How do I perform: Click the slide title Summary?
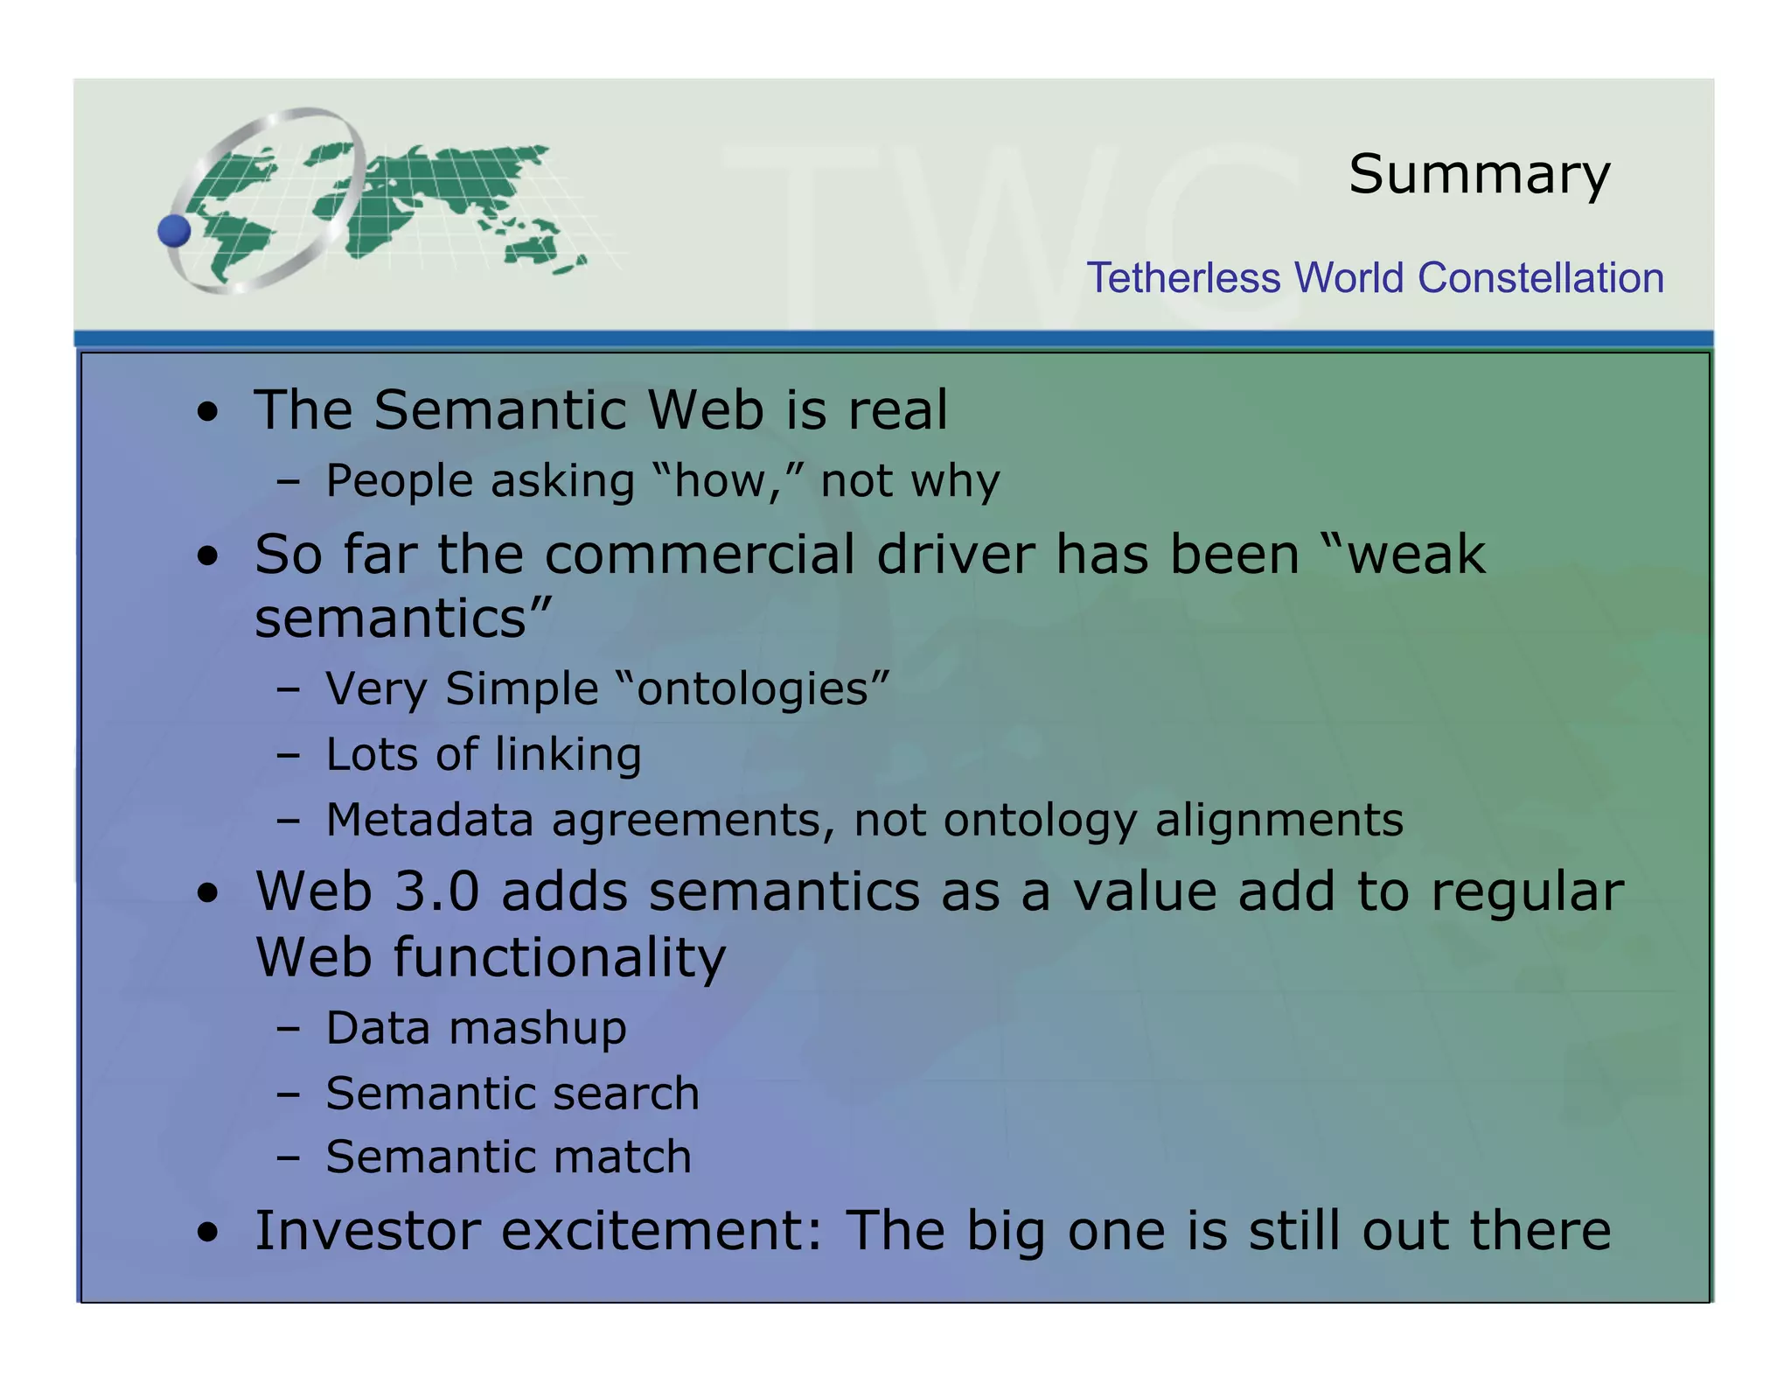pos(1479,176)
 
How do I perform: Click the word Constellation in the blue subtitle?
pos(1540,278)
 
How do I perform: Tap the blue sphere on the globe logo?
pos(174,231)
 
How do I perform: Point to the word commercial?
pos(699,555)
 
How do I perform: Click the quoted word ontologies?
pos(753,689)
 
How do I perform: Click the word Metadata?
pos(429,821)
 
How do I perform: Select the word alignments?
pos(1279,821)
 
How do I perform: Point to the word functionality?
pos(560,957)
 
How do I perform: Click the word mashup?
pos(538,1029)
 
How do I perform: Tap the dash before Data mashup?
pos(288,1029)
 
